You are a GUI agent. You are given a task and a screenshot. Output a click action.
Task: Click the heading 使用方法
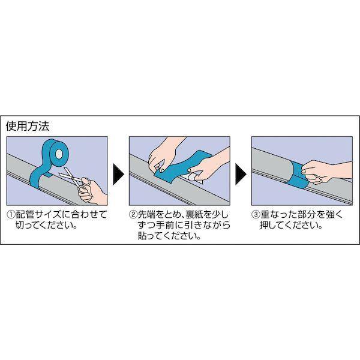[28, 126]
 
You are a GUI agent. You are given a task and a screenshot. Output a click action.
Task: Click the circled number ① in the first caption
[11, 215]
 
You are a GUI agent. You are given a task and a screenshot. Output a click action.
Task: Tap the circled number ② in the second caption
[133, 215]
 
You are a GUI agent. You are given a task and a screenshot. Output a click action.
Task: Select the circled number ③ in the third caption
[256, 215]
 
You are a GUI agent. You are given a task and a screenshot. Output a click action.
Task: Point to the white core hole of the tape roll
[59, 154]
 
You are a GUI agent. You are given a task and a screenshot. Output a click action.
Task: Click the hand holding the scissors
[92, 191]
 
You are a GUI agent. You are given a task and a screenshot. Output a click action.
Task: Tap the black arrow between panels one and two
[118, 174]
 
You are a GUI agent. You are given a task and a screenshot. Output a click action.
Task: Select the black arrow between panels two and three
[241, 174]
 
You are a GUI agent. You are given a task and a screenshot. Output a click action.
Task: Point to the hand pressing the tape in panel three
[326, 171]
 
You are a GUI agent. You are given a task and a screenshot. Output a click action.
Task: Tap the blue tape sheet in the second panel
[181, 166]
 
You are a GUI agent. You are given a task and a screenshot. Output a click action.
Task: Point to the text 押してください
[291, 226]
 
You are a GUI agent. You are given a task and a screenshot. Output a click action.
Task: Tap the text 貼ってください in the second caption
[169, 236]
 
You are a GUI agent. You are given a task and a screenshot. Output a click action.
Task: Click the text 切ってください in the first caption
[47, 226]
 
